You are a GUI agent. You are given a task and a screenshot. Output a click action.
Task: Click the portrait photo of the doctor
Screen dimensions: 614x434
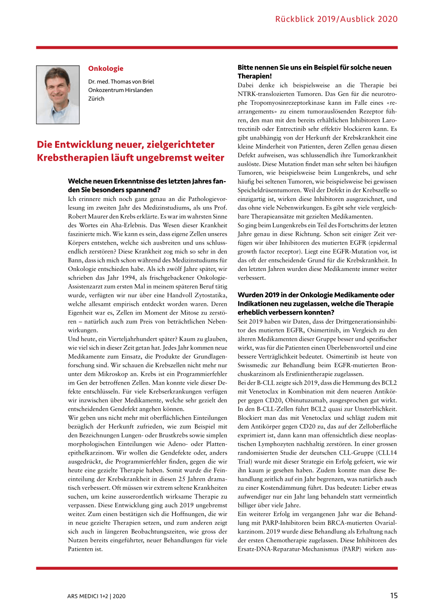click(x=58, y=95)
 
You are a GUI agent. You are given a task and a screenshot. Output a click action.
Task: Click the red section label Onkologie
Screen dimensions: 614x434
click(x=106, y=69)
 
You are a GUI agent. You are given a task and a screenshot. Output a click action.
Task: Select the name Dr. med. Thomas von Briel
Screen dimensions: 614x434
click(x=121, y=81)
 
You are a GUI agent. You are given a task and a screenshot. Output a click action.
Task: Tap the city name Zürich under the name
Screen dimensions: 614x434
click(x=96, y=99)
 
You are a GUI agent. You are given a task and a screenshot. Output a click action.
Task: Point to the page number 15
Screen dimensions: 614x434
click(x=394, y=596)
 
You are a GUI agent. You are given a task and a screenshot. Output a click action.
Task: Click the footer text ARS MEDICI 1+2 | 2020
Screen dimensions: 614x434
click(x=96, y=596)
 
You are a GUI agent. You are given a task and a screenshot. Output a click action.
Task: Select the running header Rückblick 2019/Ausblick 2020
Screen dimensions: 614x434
click(x=336, y=19)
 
